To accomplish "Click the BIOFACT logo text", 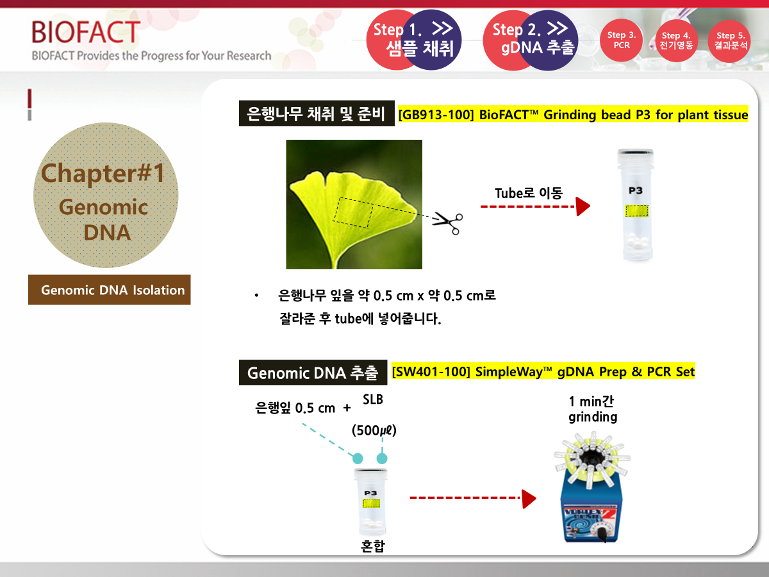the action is (86, 32).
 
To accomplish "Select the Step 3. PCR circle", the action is (621, 40).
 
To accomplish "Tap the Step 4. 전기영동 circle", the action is (676, 40).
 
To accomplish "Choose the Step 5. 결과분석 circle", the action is (730, 41).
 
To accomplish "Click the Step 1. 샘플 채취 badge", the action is (414, 40).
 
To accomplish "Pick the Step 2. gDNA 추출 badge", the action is (531, 40).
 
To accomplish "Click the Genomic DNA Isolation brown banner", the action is (110, 290).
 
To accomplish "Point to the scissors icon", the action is (448, 223).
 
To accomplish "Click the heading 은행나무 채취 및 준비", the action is (317, 113).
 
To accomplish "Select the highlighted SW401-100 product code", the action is (431, 371).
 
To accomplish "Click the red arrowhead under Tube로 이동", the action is (583, 206).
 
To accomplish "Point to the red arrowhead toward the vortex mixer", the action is (529, 499).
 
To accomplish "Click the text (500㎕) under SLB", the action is (374, 430).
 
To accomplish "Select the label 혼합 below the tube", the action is (373, 546).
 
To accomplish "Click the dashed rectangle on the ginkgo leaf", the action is (354, 213).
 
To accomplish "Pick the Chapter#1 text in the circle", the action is (103, 173).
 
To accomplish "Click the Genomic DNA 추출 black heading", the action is (313, 372).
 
